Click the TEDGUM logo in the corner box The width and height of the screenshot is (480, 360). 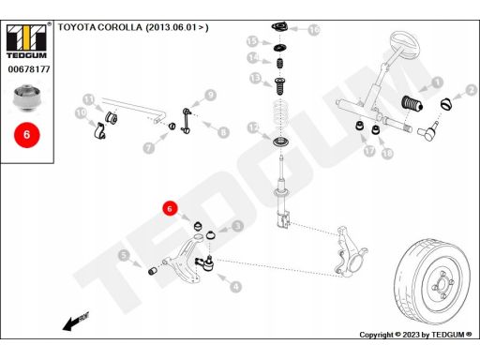26,41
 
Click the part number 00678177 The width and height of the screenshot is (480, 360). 29,69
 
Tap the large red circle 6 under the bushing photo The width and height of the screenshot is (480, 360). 27,135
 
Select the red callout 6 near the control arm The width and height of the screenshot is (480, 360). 170,208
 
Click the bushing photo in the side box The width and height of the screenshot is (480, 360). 27,97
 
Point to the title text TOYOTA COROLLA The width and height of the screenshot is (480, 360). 100,27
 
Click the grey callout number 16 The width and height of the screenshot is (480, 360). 314,30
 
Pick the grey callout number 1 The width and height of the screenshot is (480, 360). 438,82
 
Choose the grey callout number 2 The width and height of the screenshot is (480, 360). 472,90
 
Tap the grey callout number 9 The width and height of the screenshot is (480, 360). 211,95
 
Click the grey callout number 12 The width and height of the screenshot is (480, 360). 253,127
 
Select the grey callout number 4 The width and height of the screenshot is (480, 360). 235,286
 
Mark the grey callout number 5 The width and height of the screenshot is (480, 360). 124,255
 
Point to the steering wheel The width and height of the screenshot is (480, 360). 404,44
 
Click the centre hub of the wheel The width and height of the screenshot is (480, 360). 442,284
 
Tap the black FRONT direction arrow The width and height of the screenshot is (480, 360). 76,322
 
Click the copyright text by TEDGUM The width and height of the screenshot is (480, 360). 415,335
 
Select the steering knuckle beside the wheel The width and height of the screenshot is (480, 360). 351,252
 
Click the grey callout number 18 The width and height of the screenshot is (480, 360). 387,153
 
